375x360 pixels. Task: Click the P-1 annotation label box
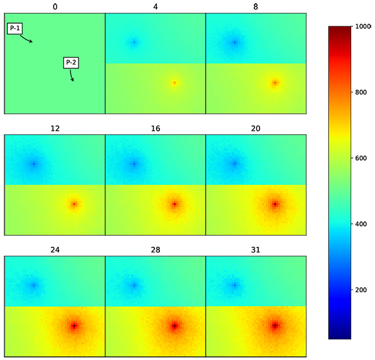[x=15, y=29]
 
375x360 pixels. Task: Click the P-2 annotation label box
[x=71, y=63]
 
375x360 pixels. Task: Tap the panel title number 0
[x=54, y=7]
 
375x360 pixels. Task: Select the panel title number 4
[x=155, y=7]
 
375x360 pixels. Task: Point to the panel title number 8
[x=256, y=7]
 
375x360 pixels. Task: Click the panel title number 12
[x=54, y=129]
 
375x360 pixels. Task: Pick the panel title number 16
[x=155, y=129]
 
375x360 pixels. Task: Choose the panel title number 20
[x=256, y=129]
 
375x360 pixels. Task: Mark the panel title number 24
[x=54, y=250]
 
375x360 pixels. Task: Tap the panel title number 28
[x=155, y=250]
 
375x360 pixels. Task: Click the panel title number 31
[x=256, y=250]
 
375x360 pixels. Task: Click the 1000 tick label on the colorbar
[x=362, y=27]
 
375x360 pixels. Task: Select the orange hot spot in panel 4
[x=174, y=82]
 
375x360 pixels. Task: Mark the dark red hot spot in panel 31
[x=275, y=325]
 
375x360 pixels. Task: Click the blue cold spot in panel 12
[x=34, y=164]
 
